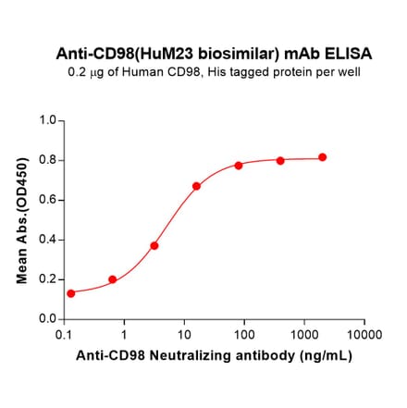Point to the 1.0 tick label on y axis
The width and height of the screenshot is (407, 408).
coord(47,120)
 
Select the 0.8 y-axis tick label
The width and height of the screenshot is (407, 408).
coord(47,160)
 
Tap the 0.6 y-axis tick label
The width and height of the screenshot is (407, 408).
coord(47,200)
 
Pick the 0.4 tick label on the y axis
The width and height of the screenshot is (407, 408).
coord(47,240)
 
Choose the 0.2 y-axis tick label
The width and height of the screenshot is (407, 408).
coord(47,279)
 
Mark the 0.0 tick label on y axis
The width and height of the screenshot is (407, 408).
coord(47,319)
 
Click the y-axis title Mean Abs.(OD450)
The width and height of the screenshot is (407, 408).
coord(22,220)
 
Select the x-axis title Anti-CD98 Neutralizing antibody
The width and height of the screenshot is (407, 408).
coord(214,354)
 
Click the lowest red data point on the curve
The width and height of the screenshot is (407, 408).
coord(71,293)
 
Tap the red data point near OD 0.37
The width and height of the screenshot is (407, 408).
coord(154,245)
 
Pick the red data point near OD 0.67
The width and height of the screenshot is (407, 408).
coord(196,186)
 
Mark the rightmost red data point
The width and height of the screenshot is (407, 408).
coord(322,157)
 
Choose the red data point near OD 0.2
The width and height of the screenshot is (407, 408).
coord(113,279)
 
